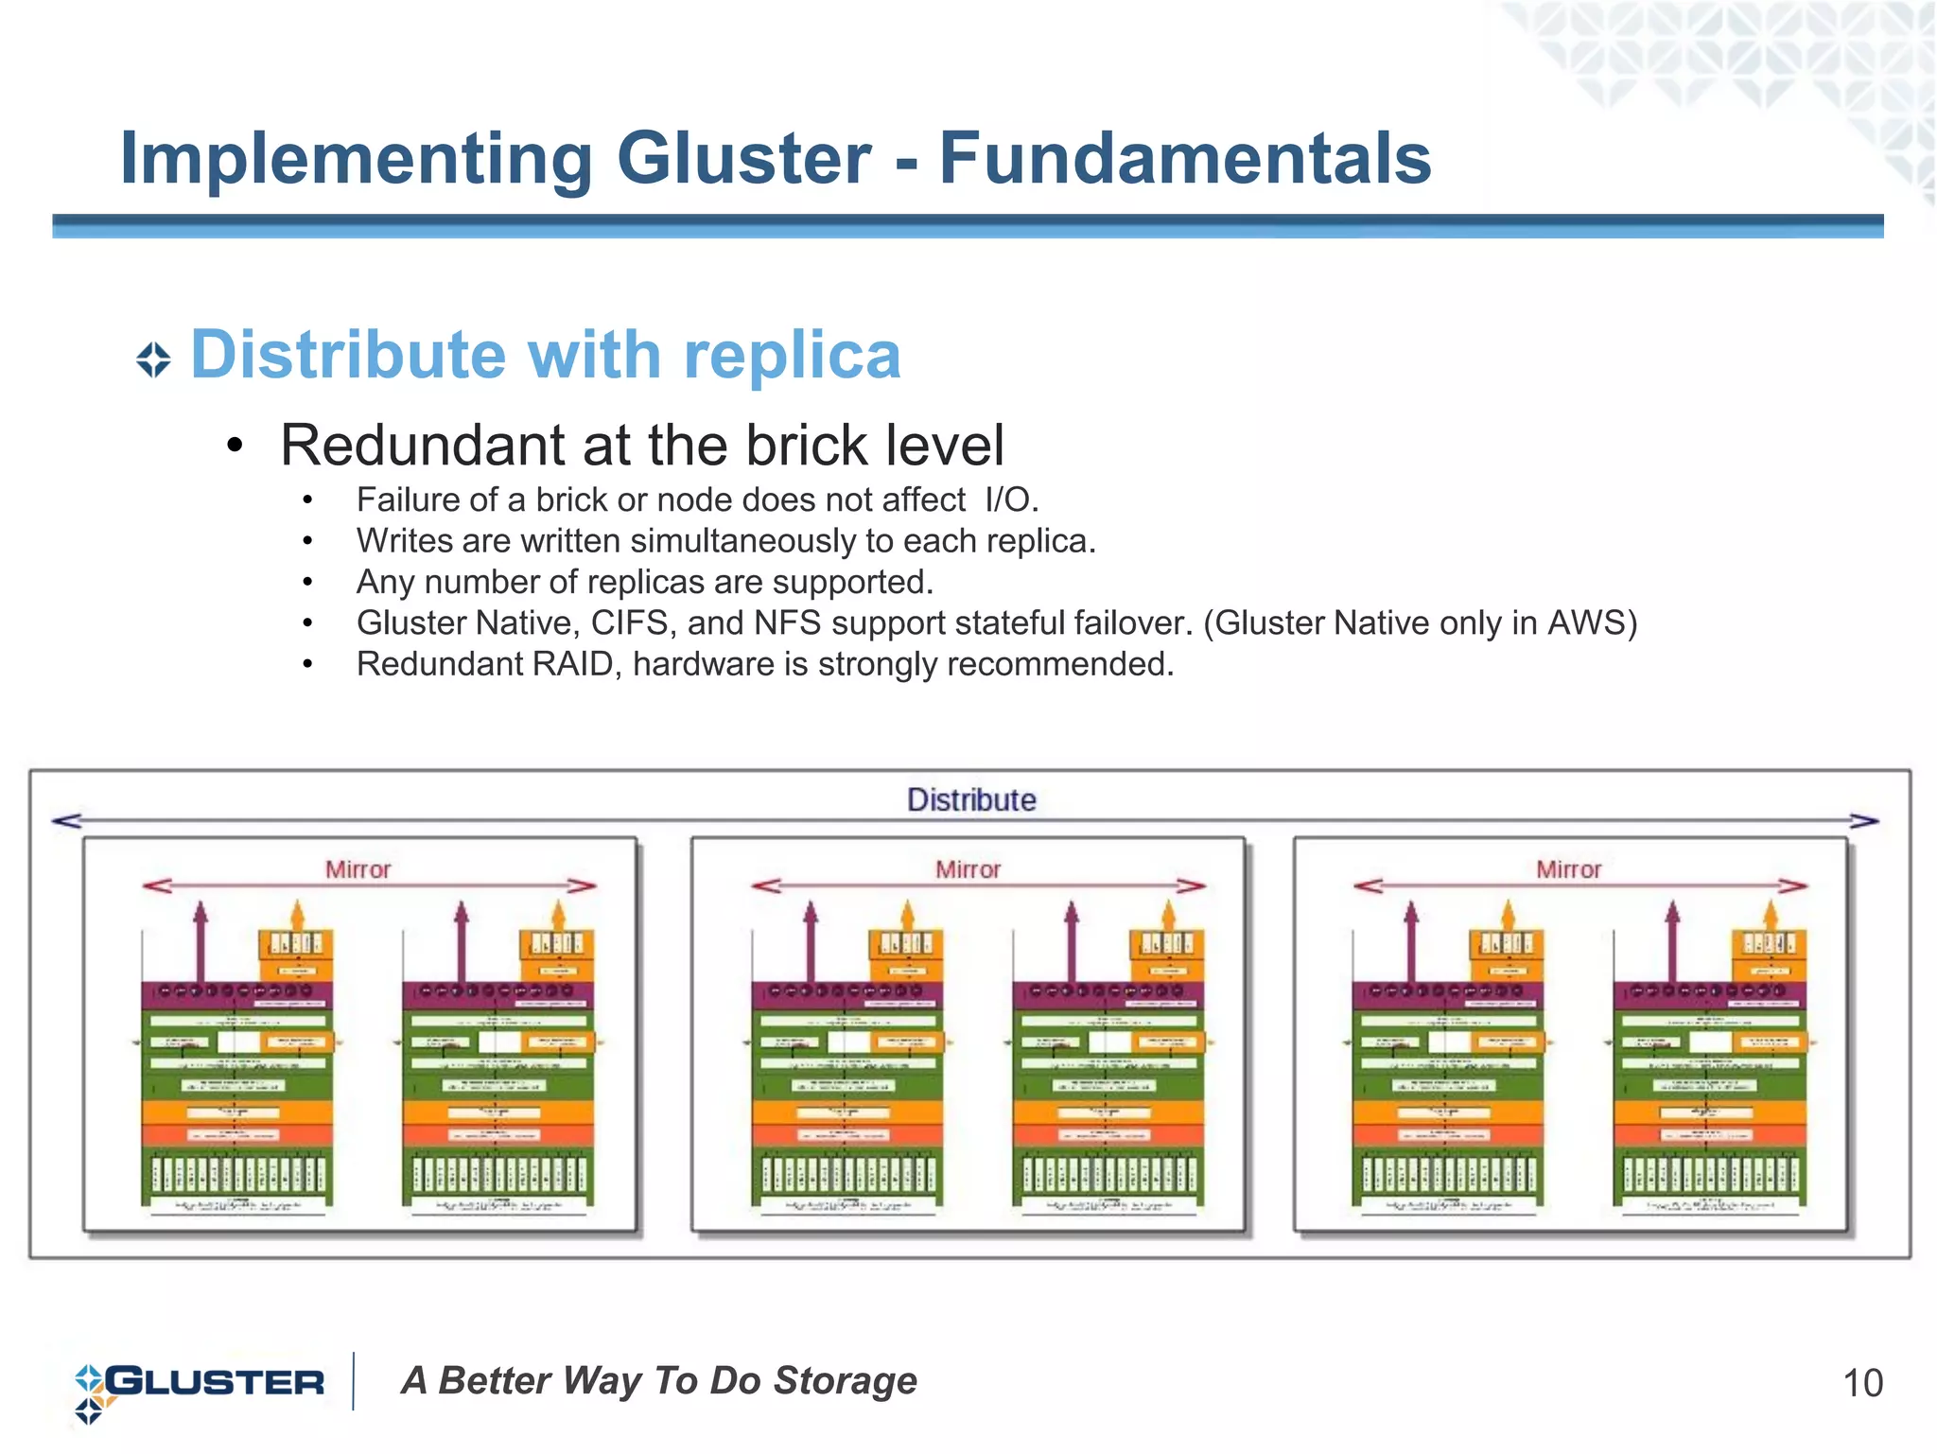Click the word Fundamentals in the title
click(1184, 159)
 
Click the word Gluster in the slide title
click(743, 159)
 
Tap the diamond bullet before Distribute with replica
click(153, 360)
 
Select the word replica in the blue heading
click(792, 356)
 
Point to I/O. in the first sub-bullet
click(1011, 499)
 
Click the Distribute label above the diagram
click(971, 800)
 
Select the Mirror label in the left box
click(358, 869)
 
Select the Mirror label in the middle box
click(968, 869)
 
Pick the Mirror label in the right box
click(1568, 869)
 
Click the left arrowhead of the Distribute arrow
click(66, 821)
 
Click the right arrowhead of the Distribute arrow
click(1864, 821)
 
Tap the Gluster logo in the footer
click(200, 1384)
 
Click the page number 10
click(1862, 1384)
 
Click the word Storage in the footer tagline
click(846, 1381)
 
